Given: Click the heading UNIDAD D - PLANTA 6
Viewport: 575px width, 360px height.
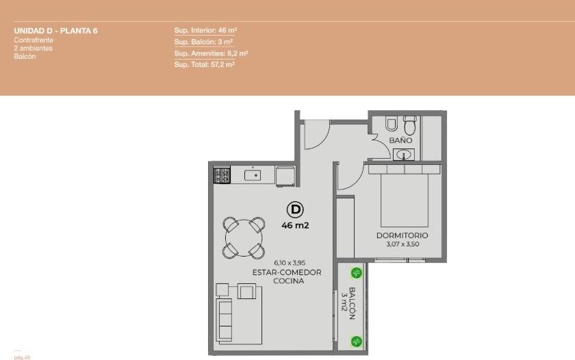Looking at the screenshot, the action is pyautogui.click(x=55, y=31).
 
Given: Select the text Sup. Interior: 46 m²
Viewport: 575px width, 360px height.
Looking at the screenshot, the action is pyautogui.click(x=205, y=30).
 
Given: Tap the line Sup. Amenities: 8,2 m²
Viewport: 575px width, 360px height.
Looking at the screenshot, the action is pyautogui.click(x=212, y=53).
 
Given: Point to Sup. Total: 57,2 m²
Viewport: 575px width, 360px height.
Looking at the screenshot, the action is pyautogui.click(x=204, y=64).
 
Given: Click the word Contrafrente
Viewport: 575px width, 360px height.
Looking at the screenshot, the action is pyautogui.click(x=34, y=40).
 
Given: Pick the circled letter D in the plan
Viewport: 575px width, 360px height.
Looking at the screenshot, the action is pyautogui.click(x=295, y=209).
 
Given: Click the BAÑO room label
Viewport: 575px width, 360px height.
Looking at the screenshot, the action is pyautogui.click(x=400, y=140).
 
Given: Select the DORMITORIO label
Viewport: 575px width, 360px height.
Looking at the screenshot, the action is pyautogui.click(x=402, y=235).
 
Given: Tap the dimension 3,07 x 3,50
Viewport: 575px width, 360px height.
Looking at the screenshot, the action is pyautogui.click(x=402, y=244).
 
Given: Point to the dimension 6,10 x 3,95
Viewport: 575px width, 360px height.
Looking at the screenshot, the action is pyautogui.click(x=290, y=263).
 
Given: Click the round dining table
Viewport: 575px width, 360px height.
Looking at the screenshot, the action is pyautogui.click(x=244, y=238).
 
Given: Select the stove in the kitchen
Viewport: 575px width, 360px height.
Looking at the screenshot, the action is pyautogui.click(x=222, y=175).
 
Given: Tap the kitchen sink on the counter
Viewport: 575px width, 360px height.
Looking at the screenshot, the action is pyautogui.click(x=253, y=175).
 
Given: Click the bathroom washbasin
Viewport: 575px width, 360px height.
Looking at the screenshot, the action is pyautogui.click(x=404, y=155).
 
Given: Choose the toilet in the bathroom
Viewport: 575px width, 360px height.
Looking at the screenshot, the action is pyautogui.click(x=410, y=125).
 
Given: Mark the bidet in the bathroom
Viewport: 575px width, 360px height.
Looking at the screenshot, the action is pyautogui.click(x=392, y=124).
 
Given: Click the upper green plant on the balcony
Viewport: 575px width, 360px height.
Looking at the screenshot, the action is pyautogui.click(x=356, y=273).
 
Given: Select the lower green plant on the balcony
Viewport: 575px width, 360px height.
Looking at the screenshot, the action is pyautogui.click(x=356, y=342).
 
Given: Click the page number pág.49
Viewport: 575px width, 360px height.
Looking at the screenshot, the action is pyautogui.click(x=22, y=357).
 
